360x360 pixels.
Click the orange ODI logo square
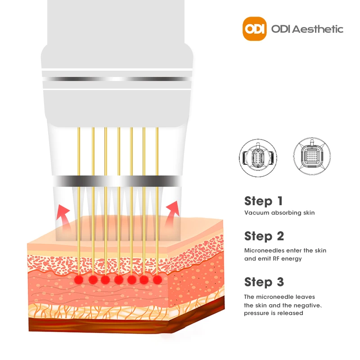[x=255, y=28]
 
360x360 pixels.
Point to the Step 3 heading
[x=264, y=282]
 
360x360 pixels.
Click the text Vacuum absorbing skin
[x=279, y=213]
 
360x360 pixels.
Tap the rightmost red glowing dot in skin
[x=157, y=279]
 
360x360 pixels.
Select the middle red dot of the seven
[x=119, y=280]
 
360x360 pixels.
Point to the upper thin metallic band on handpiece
[x=117, y=79]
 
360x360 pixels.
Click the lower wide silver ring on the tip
[x=117, y=181]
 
